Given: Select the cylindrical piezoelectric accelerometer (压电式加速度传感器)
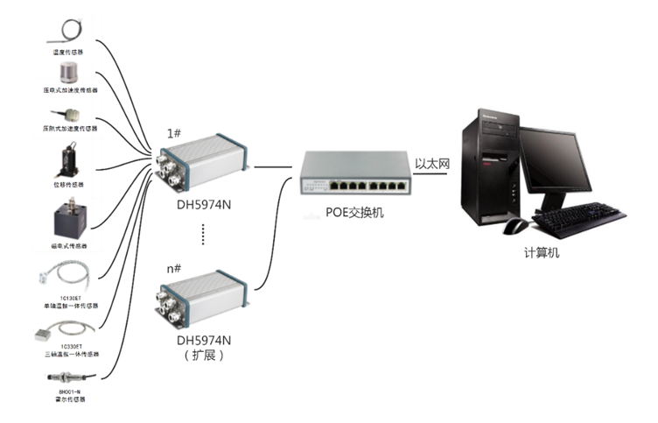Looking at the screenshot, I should pyautogui.click(x=70, y=72).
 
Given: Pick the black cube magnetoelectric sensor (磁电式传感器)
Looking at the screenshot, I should pyautogui.click(x=71, y=216).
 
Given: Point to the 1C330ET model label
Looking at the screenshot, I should pyautogui.click(x=71, y=347).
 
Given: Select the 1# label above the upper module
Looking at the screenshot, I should pyautogui.click(x=174, y=134).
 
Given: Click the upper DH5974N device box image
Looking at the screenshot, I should pyautogui.click(x=203, y=163).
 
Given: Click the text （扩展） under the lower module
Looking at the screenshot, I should pyautogui.click(x=203, y=356).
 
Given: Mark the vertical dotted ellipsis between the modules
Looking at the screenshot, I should pyautogui.click(x=203, y=235).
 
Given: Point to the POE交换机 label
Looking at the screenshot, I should pyautogui.click(x=354, y=213).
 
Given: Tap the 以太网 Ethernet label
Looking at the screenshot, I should pyautogui.click(x=431, y=162).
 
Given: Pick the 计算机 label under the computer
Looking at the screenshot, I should pyautogui.click(x=542, y=253).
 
